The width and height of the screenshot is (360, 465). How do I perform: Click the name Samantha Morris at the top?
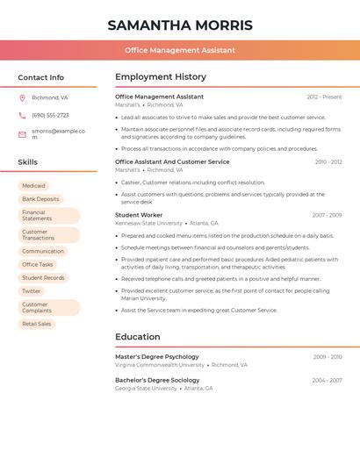[x=180, y=25]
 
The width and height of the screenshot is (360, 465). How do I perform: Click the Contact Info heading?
[x=41, y=77]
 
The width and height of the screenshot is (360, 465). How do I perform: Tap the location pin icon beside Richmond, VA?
[x=22, y=97]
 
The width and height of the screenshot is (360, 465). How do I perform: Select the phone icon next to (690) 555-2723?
[x=22, y=115]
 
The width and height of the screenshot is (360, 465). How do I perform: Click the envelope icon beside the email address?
[x=22, y=134]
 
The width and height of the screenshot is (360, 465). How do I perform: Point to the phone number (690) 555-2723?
[x=50, y=115]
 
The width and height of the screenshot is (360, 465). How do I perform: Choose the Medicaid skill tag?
[x=33, y=186]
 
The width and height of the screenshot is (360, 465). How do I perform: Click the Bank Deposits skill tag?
[x=40, y=199]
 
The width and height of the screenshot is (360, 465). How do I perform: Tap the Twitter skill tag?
[x=32, y=290]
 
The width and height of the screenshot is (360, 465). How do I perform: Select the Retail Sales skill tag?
[x=37, y=324]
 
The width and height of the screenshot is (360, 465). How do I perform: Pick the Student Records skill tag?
[x=43, y=277]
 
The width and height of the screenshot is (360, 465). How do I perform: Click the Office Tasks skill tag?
[x=38, y=264]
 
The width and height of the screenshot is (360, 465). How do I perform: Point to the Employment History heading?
[x=161, y=77]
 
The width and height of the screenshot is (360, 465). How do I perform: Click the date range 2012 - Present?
[x=324, y=97]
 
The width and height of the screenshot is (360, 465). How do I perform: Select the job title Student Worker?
[x=139, y=215]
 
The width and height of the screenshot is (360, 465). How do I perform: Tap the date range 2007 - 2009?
[x=327, y=215]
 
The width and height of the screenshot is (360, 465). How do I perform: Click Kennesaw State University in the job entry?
[x=148, y=223]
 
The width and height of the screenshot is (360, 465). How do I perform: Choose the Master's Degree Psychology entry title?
[x=157, y=357]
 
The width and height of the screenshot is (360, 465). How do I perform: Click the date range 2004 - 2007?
[x=327, y=380]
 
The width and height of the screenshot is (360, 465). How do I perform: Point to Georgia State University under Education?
[x=146, y=388]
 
